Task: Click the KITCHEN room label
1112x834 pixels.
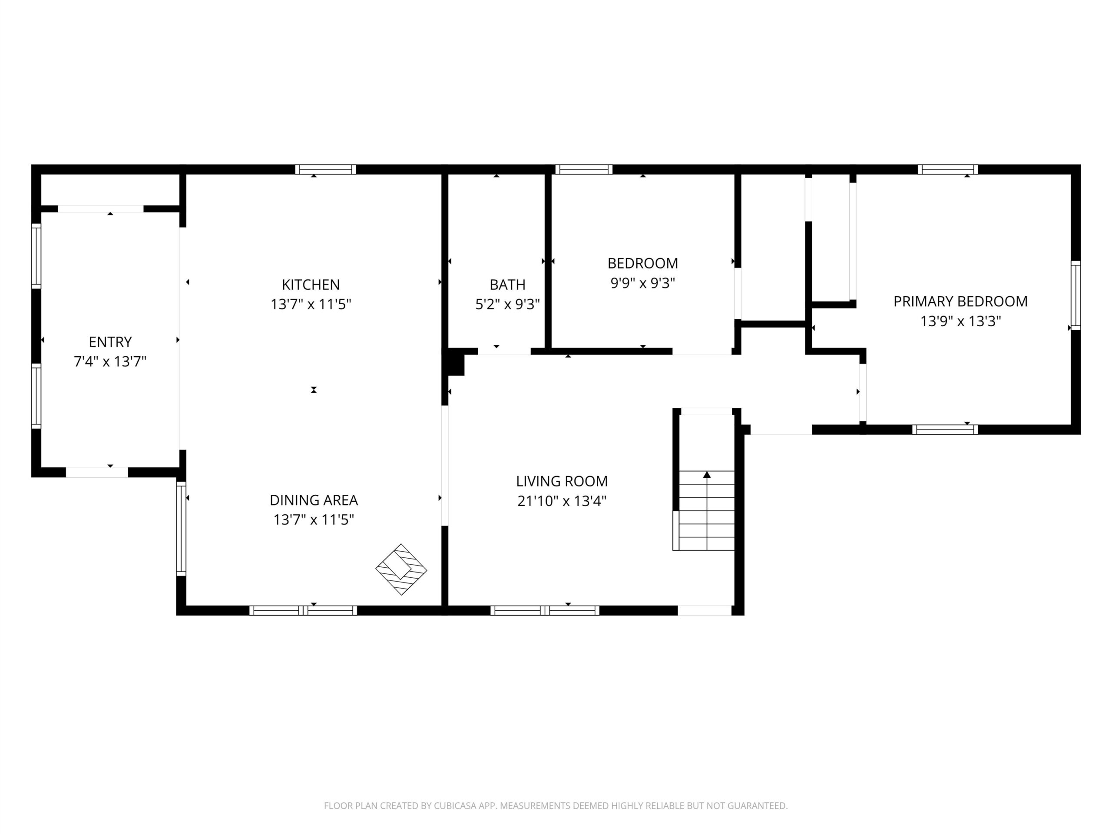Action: pos(311,285)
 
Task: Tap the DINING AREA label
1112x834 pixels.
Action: pos(314,500)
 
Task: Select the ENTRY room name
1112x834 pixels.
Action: pos(110,342)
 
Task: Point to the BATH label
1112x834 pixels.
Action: pos(507,285)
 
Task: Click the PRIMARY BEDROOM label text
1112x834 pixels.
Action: pos(960,301)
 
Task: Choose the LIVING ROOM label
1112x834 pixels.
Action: pos(562,481)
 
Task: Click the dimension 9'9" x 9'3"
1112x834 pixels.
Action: pos(642,283)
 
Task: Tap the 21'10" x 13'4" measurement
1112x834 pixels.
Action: pos(562,501)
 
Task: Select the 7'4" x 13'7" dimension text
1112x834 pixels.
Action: pos(110,361)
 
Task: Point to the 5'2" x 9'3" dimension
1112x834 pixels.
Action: pos(507,304)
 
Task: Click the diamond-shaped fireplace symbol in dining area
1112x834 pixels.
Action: pos(401,569)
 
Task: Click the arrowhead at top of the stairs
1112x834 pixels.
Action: pos(707,474)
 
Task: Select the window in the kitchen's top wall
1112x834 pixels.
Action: pos(325,169)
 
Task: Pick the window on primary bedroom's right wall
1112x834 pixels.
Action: pos(1076,296)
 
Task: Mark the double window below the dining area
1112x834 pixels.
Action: pos(303,610)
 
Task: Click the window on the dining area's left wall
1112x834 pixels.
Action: pos(181,528)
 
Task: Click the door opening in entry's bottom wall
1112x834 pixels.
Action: pos(97,472)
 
